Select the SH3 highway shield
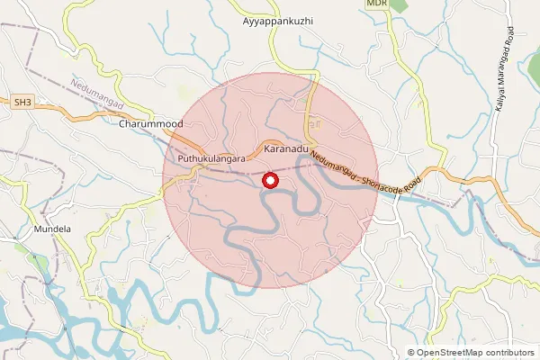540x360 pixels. click(x=22, y=104)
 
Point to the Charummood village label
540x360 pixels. click(x=150, y=124)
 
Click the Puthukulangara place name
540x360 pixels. click(x=212, y=157)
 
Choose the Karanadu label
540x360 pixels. click(x=286, y=145)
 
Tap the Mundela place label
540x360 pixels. click(x=51, y=229)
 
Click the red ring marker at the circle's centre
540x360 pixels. click(x=270, y=181)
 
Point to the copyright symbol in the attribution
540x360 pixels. click(x=410, y=353)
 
